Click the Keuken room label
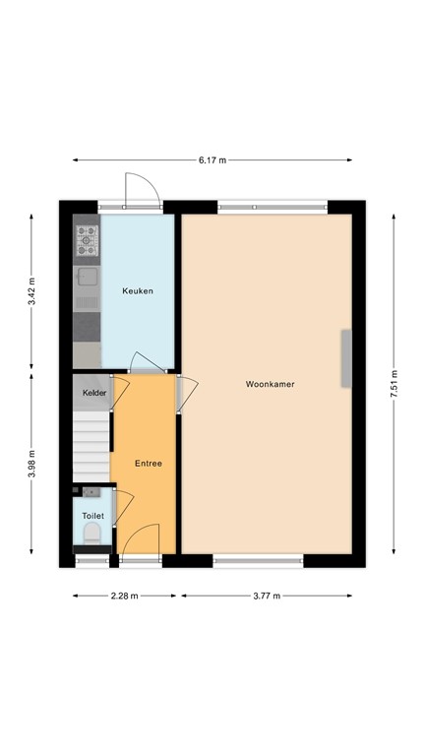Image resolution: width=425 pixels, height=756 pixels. (x=138, y=291)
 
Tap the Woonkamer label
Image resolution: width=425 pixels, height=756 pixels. (x=271, y=384)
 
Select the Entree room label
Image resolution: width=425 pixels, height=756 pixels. (x=149, y=464)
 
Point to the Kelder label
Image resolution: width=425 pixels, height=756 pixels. (x=94, y=393)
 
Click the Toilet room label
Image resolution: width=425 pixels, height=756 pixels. (x=92, y=515)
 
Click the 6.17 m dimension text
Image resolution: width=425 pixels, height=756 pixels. (x=212, y=159)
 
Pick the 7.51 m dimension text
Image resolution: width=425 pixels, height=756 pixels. (x=395, y=382)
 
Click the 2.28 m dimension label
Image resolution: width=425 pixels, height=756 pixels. (x=125, y=596)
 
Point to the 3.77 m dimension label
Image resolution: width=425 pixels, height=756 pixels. (x=266, y=596)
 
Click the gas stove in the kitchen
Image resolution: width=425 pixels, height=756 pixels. (x=87, y=237)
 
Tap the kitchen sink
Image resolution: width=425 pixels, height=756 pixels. (x=87, y=277)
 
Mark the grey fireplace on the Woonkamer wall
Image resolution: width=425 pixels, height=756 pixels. (x=346, y=358)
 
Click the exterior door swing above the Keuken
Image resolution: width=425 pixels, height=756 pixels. (x=138, y=188)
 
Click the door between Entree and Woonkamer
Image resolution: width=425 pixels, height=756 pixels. (x=183, y=392)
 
